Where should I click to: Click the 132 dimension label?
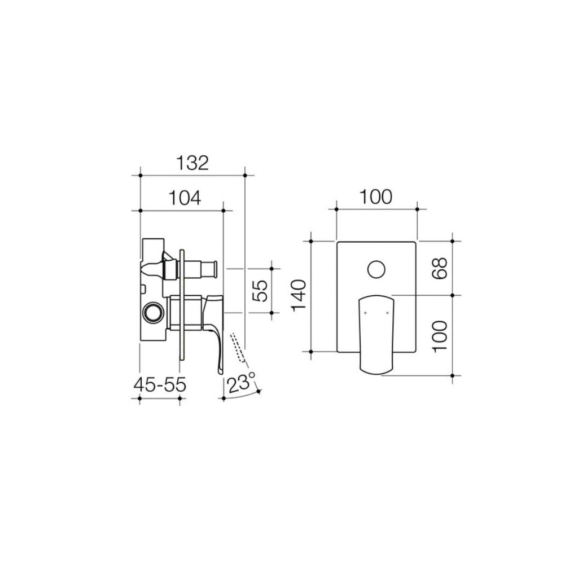point(192,163)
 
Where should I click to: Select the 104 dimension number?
point(185,198)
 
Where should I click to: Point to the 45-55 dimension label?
point(160,385)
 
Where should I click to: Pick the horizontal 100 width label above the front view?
point(376,197)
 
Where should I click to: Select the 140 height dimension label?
point(300,295)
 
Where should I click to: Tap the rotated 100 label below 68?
point(440,336)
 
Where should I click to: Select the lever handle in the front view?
point(375,333)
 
